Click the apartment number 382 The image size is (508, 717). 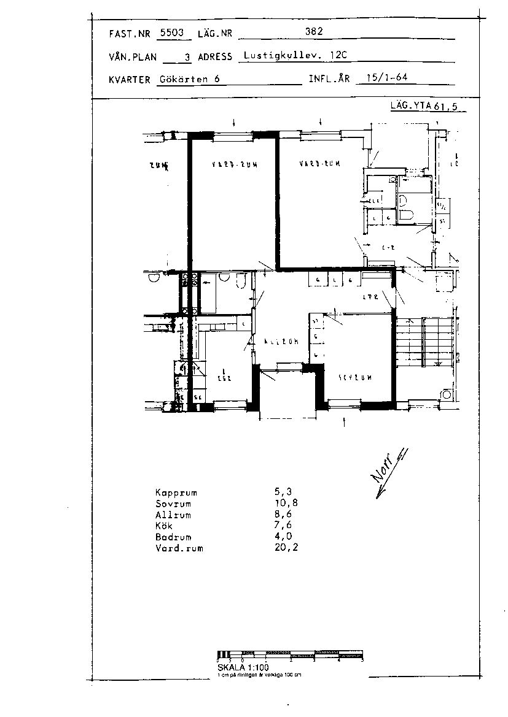tap(314, 32)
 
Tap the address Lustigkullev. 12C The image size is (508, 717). tap(295, 55)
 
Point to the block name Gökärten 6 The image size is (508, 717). tap(189, 79)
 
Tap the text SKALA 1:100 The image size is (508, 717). tap(243, 667)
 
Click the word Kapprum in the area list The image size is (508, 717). tap(176, 493)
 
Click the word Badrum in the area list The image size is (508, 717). tap(174, 537)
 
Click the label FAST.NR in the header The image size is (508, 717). tap(129, 34)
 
